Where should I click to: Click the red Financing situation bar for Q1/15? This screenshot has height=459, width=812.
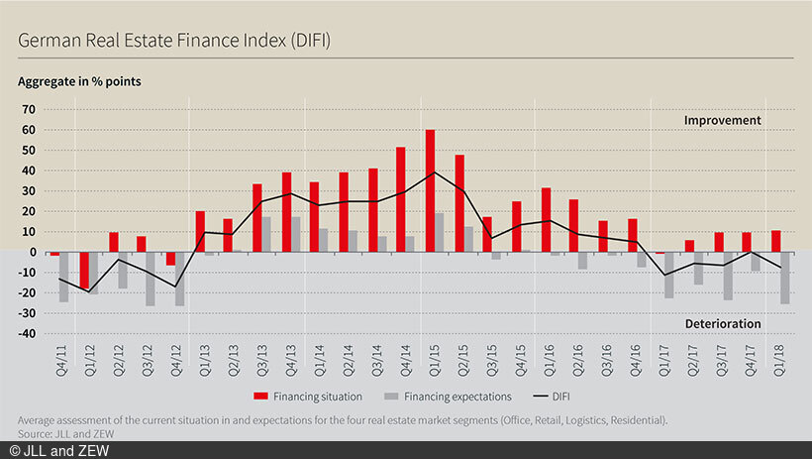pos(430,190)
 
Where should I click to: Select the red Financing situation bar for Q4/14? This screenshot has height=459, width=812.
pos(401,199)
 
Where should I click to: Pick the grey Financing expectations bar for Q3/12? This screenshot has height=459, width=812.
pos(151,279)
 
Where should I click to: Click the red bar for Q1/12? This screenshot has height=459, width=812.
pos(84,270)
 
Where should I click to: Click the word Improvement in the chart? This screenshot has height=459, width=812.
pos(722,121)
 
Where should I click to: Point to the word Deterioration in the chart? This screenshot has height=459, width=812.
pos(722,324)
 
